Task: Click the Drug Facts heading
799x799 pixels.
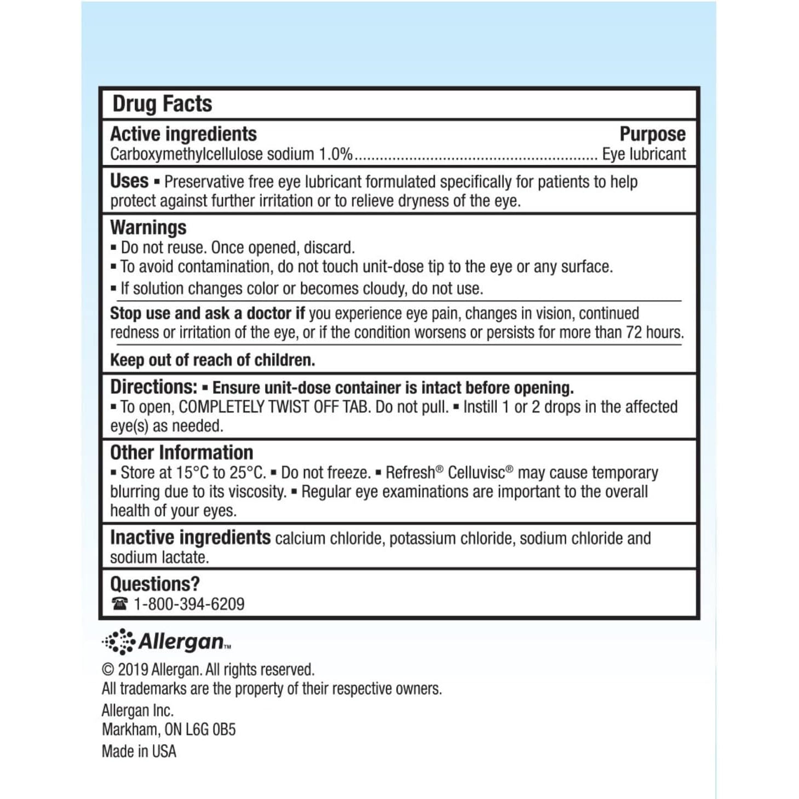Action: (162, 104)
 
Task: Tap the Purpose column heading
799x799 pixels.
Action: (652, 134)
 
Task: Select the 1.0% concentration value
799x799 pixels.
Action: (336, 154)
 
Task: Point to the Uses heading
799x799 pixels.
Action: (129, 181)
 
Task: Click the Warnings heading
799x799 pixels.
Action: (148, 227)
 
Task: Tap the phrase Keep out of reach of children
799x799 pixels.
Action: (212, 360)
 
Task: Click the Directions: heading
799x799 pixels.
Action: (153, 387)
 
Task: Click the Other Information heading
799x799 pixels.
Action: (182, 452)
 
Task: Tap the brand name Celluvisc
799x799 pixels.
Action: (476, 473)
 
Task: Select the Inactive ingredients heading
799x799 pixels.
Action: (190, 538)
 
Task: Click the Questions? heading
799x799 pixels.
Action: (155, 584)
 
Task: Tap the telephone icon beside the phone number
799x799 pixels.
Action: (119, 603)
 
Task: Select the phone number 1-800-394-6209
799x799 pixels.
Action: (189, 604)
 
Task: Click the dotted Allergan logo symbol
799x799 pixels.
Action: (119, 641)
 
